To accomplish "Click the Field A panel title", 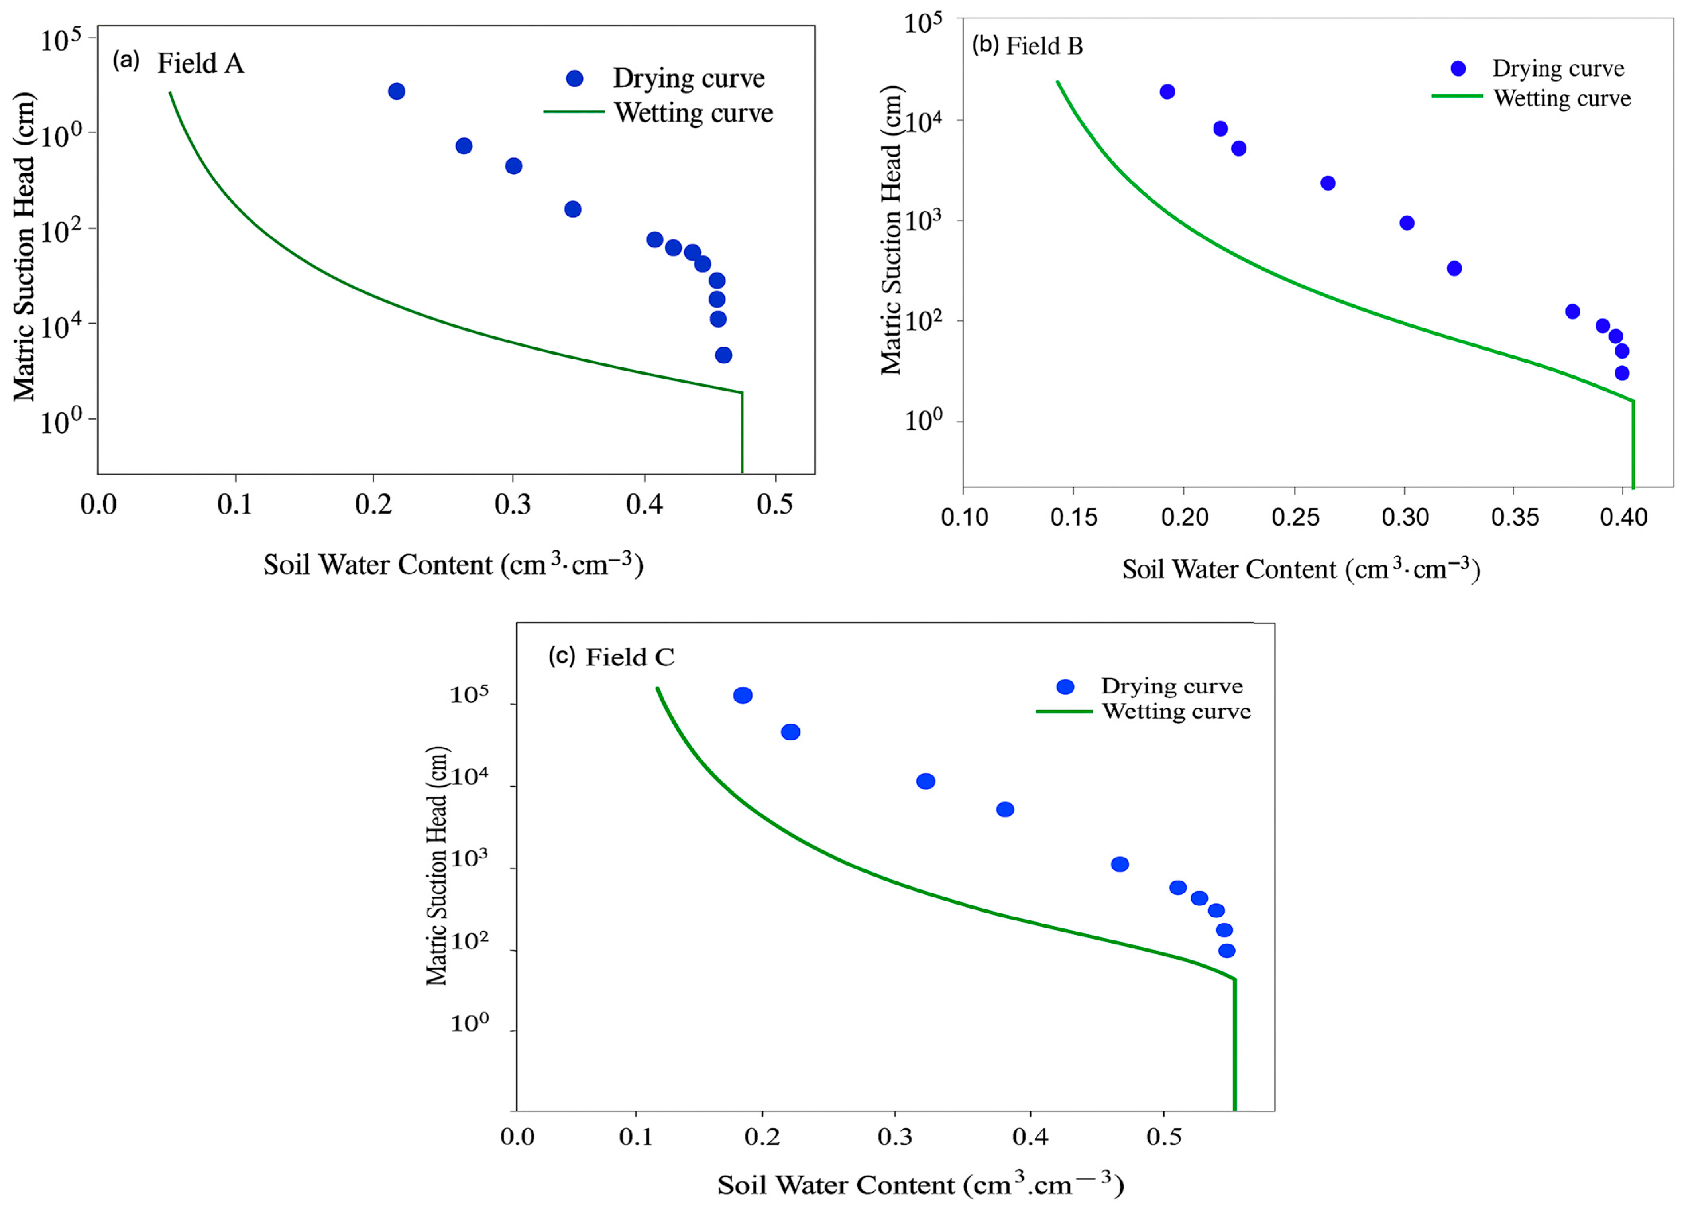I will [x=200, y=64].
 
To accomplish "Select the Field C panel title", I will [x=630, y=657].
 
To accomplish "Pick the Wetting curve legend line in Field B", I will [x=1456, y=96].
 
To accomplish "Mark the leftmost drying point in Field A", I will [x=397, y=91].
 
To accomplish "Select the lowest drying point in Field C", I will [x=1227, y=950].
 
